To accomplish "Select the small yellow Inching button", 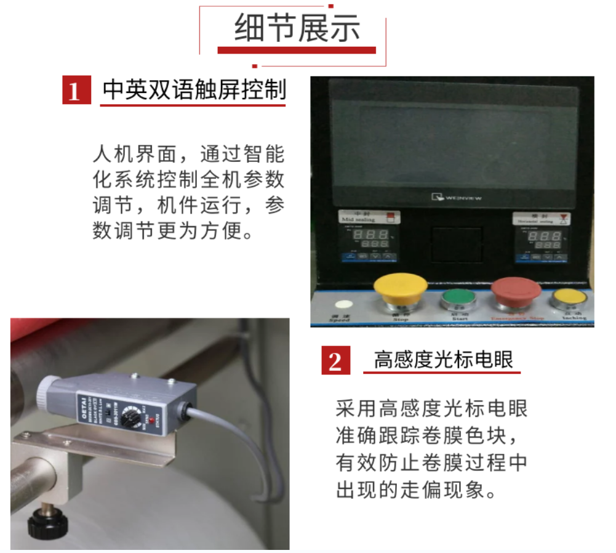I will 569,298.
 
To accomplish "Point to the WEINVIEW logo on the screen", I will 457,198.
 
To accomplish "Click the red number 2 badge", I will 335,360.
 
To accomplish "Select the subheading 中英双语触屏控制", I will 194,90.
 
